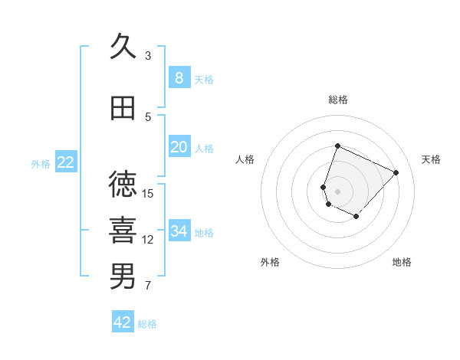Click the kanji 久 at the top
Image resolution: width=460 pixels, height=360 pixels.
tap(123, 47)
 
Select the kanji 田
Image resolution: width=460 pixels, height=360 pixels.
tap(123, 109)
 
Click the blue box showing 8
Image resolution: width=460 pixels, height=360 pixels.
tap(179, 77)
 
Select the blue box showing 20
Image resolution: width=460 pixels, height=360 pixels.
tap(179, 147)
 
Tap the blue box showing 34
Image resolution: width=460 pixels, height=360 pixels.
tap(179, 231)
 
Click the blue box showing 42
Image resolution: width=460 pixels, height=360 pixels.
tap(123, 322)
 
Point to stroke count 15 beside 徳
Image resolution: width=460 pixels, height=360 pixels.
tap(148, 193)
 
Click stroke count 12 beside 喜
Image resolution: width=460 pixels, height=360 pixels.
tap(148, 240)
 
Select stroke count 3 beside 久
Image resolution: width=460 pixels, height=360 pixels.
tap(148, 55)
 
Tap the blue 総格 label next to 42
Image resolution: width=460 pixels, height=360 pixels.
tap(147, 324)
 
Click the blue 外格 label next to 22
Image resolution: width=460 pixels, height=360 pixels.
tap(41, 163)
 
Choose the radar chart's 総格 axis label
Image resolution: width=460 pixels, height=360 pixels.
tap(337, 100)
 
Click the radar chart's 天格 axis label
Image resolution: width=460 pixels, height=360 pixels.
tap(431, 159)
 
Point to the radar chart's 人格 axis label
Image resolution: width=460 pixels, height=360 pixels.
tap(245, 159)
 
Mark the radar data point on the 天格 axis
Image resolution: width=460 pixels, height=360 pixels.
tap(396, 172)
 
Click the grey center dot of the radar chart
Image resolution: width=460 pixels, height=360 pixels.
tap(337, 191)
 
